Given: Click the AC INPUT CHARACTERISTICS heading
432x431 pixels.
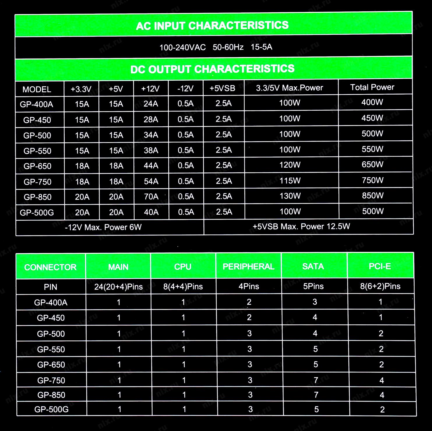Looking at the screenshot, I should coord(212,26).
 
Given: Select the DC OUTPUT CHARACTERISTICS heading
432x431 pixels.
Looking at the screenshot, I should coord(212,69).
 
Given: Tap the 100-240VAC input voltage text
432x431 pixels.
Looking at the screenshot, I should coord(183,47).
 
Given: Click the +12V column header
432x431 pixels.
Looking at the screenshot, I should coord(150,89).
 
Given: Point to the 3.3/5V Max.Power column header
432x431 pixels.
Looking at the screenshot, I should coord(290,88).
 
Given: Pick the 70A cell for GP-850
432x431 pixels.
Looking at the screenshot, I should coord(151,197).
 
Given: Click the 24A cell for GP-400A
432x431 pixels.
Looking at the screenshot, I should coord(151,104).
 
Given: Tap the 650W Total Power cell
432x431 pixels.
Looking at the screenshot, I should coord(373,165).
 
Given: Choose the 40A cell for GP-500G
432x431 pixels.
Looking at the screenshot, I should coord(151,212).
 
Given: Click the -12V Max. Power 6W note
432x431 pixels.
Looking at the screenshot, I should coord(103,227).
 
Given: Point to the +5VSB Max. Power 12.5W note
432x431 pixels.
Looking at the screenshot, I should coord(301,227).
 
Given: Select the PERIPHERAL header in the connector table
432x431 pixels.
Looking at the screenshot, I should coord(248,266).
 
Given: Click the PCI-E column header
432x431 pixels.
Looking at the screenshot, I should coord(380,266).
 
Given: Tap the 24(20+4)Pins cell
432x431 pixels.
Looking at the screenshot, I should coord(119,287).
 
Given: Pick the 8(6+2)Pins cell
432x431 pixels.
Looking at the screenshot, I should coord(380,286).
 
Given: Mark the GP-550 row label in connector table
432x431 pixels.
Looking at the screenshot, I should coord(51,349).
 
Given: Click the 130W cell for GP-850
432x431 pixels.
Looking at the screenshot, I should coord(290,196).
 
